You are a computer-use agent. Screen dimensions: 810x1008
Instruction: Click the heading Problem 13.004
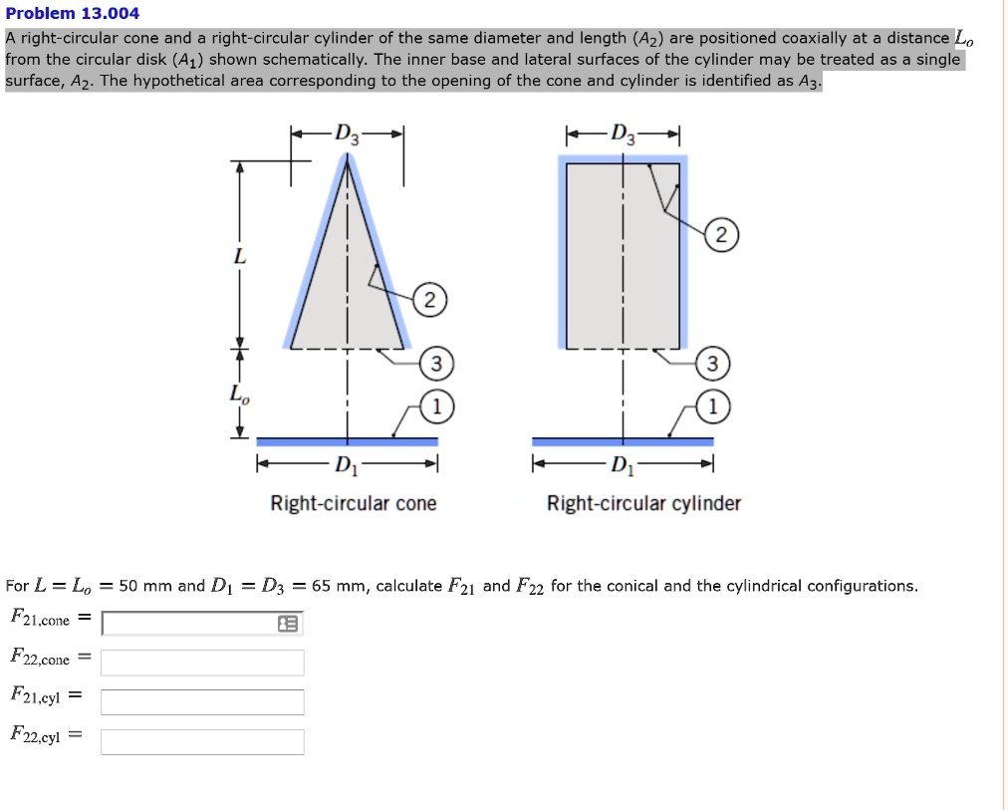(x=73, y=14)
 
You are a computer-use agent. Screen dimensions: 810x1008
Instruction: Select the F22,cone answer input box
(x=202, y=663)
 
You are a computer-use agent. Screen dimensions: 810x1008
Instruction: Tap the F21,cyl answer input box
(x=202, y=702)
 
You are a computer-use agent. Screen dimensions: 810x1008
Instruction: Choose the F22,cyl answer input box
(x=202, y=742)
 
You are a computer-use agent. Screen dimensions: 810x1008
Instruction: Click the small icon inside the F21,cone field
(x=288, y=624)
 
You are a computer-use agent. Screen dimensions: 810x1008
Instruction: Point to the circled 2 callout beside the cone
(x=429, y=301)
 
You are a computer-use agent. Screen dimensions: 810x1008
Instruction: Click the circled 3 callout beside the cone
(x=436, y=365)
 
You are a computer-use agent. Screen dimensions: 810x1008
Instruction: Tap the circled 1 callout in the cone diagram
(x=436, y=406)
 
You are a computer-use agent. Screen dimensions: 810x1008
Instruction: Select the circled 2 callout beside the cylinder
(x=723, y=236)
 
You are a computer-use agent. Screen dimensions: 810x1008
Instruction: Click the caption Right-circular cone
(x=354, y=504)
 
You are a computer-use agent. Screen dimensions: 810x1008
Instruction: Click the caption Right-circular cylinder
(x=643, y=504)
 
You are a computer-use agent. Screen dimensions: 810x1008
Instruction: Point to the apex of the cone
(x=347, y=159)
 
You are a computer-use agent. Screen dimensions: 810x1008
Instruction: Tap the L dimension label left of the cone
(x=237, y=257)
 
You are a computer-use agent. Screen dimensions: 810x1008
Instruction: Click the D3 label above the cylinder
(x=623, y=134)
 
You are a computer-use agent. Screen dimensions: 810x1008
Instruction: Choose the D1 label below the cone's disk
(x=344, y=464)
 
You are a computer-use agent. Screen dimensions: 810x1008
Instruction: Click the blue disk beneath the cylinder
(x=623, y=441)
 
